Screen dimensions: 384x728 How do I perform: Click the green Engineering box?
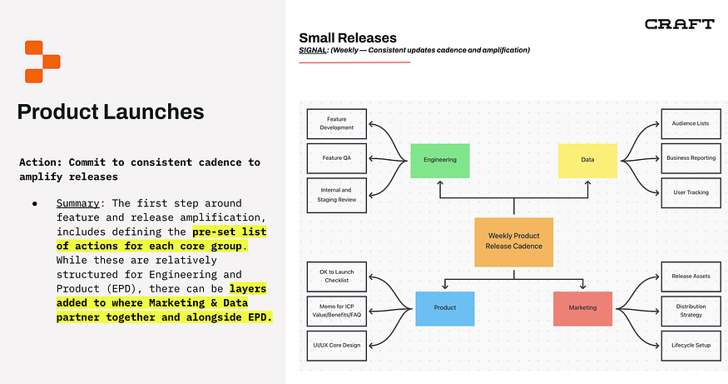tap(439, 159)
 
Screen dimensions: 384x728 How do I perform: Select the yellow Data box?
tap(587, 159)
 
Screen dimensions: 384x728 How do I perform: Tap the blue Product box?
tap(445, 307)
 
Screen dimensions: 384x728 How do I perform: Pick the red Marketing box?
tap(582, 307)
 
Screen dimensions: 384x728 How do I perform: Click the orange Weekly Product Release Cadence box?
tap(513, 242)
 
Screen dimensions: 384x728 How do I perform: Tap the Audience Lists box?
tap(690, 123)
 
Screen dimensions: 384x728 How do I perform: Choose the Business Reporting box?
tap(690, 157)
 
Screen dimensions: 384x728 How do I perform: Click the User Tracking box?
tap(690, 192)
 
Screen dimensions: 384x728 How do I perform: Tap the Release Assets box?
tap(690, 275)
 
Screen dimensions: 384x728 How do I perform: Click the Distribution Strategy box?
tap(690, 310)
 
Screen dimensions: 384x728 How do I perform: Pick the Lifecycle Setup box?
tap(690, 344)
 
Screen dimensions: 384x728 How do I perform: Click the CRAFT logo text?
tap(679, 24)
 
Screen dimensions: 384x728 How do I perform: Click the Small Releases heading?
tap(347, 37)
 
